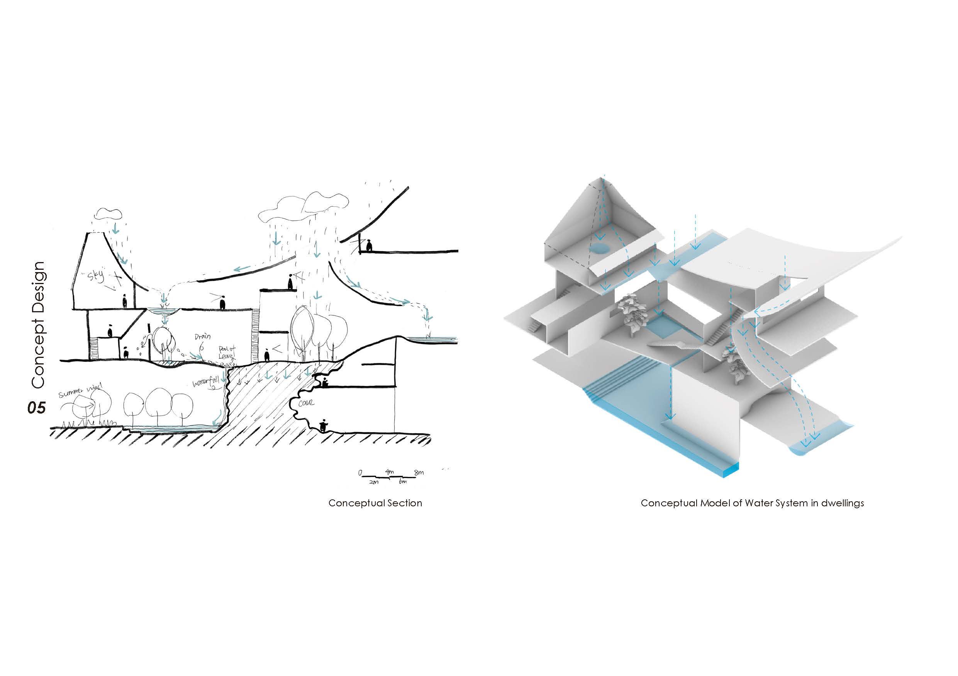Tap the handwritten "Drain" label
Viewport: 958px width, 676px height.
pos(202,337)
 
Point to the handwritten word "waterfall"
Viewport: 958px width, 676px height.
pos(205,382)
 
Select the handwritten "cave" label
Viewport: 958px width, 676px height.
pos(306,404)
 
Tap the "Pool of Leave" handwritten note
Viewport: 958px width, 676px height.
pos(227,353)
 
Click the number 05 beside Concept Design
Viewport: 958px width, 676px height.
pos(36,407)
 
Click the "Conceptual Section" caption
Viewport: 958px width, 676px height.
pos(375,503)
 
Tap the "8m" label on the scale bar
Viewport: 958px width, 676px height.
pos(419,473)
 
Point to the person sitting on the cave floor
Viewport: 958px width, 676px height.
pos(322,426)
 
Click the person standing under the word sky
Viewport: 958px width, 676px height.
pos(124,301)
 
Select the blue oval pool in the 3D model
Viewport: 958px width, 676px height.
pos(600,249)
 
